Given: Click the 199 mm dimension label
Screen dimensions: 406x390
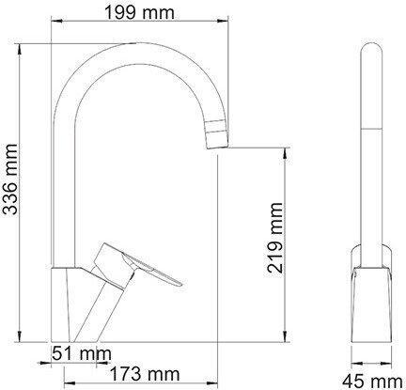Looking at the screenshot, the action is click(139, 13).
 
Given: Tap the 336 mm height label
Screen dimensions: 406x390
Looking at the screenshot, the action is click(9, 179).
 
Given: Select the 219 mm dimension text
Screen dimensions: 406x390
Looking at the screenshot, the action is click(274, 238).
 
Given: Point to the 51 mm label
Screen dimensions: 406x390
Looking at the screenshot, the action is click(82, 353).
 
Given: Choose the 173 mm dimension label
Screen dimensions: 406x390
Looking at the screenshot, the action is click(146, 374).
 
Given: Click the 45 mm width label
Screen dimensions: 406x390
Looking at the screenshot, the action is click(372, 382).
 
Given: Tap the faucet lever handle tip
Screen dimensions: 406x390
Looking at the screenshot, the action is click(180, 284).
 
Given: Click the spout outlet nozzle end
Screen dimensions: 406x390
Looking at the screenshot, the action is click(216, 147).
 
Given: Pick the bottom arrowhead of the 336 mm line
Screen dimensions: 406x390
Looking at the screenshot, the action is click(21, 336).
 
